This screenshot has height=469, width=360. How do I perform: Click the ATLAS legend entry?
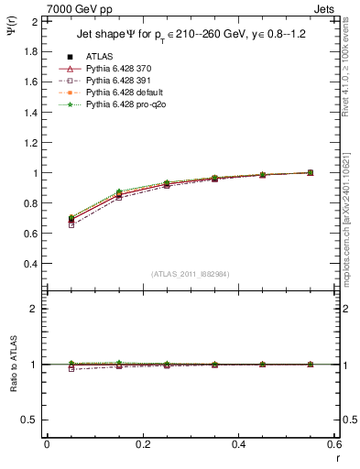[99, 56]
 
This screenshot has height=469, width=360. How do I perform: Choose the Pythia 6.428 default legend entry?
[125, 93]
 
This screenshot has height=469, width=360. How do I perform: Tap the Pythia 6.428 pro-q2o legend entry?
[125, 105]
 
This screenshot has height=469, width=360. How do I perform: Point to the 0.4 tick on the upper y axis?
[32, 264]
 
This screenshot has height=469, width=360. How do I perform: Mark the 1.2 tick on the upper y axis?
[32, 142]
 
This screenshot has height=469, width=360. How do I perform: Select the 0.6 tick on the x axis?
[334, 444]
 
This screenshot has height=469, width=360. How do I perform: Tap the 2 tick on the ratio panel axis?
[35, 310]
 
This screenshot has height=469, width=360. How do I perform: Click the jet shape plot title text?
[191, 36]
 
